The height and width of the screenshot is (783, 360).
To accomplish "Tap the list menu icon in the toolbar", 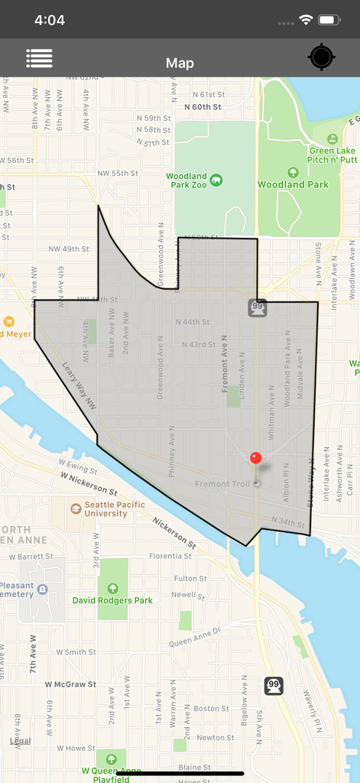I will (x=39, y=58).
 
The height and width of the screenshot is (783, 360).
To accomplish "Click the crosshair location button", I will (x=321, y=58).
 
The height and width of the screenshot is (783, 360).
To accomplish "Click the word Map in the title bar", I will (x=180, y=63).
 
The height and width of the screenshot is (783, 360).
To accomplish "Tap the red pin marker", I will (x=256, y=459).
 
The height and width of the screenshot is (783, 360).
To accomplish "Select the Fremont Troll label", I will (x=222, y=484).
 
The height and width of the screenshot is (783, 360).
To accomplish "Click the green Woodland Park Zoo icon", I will (x=217, y=180).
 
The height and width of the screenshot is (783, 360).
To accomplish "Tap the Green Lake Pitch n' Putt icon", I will (x=332, y=139).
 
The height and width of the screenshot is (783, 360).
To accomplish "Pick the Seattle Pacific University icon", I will (x=76, y=508).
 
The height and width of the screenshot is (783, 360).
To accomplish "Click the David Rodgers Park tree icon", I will (x=113, y=588).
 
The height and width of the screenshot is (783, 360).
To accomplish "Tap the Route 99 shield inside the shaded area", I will (x=257, y=307).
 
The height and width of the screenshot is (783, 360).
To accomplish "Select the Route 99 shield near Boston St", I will (x=274, y=686).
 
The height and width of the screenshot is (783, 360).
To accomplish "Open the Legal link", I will (x=20, y=741).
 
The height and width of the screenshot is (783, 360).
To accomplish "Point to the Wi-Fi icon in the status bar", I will (x=306, y=20).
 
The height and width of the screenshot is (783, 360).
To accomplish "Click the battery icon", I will (x=329, y=20).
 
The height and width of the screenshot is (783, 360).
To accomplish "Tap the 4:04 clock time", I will (x=50, y=20).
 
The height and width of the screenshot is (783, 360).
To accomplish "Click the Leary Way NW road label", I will (x=79, y=386).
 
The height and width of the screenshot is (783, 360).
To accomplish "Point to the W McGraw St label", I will (x=70, y=684).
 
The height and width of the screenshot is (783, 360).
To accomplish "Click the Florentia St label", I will (x=170, y=556).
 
